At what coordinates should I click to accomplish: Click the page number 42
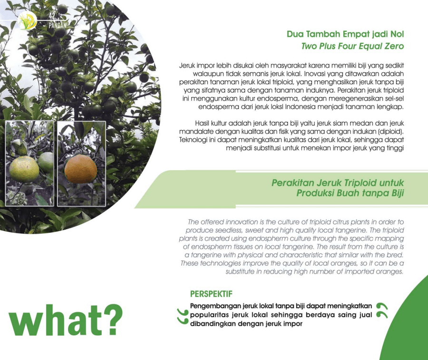point(52,16)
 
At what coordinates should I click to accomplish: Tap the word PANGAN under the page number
point(58,26)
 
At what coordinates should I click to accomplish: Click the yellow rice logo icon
point(27,21)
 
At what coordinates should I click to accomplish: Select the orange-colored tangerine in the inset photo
point(81,169)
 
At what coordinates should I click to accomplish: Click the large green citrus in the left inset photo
point(24,169)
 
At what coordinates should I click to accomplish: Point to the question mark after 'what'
point(112,320)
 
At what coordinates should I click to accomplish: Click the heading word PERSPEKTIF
point(211,294)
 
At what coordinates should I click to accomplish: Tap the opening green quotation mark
point(183,316)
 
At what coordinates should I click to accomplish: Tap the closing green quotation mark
point(382,311)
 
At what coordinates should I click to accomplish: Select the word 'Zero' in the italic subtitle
point(394,46)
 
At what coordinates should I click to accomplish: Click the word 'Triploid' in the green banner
point(360,183)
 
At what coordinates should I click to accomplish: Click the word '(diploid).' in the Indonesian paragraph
point(391,132)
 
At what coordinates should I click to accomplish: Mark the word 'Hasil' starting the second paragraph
point(202,123)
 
